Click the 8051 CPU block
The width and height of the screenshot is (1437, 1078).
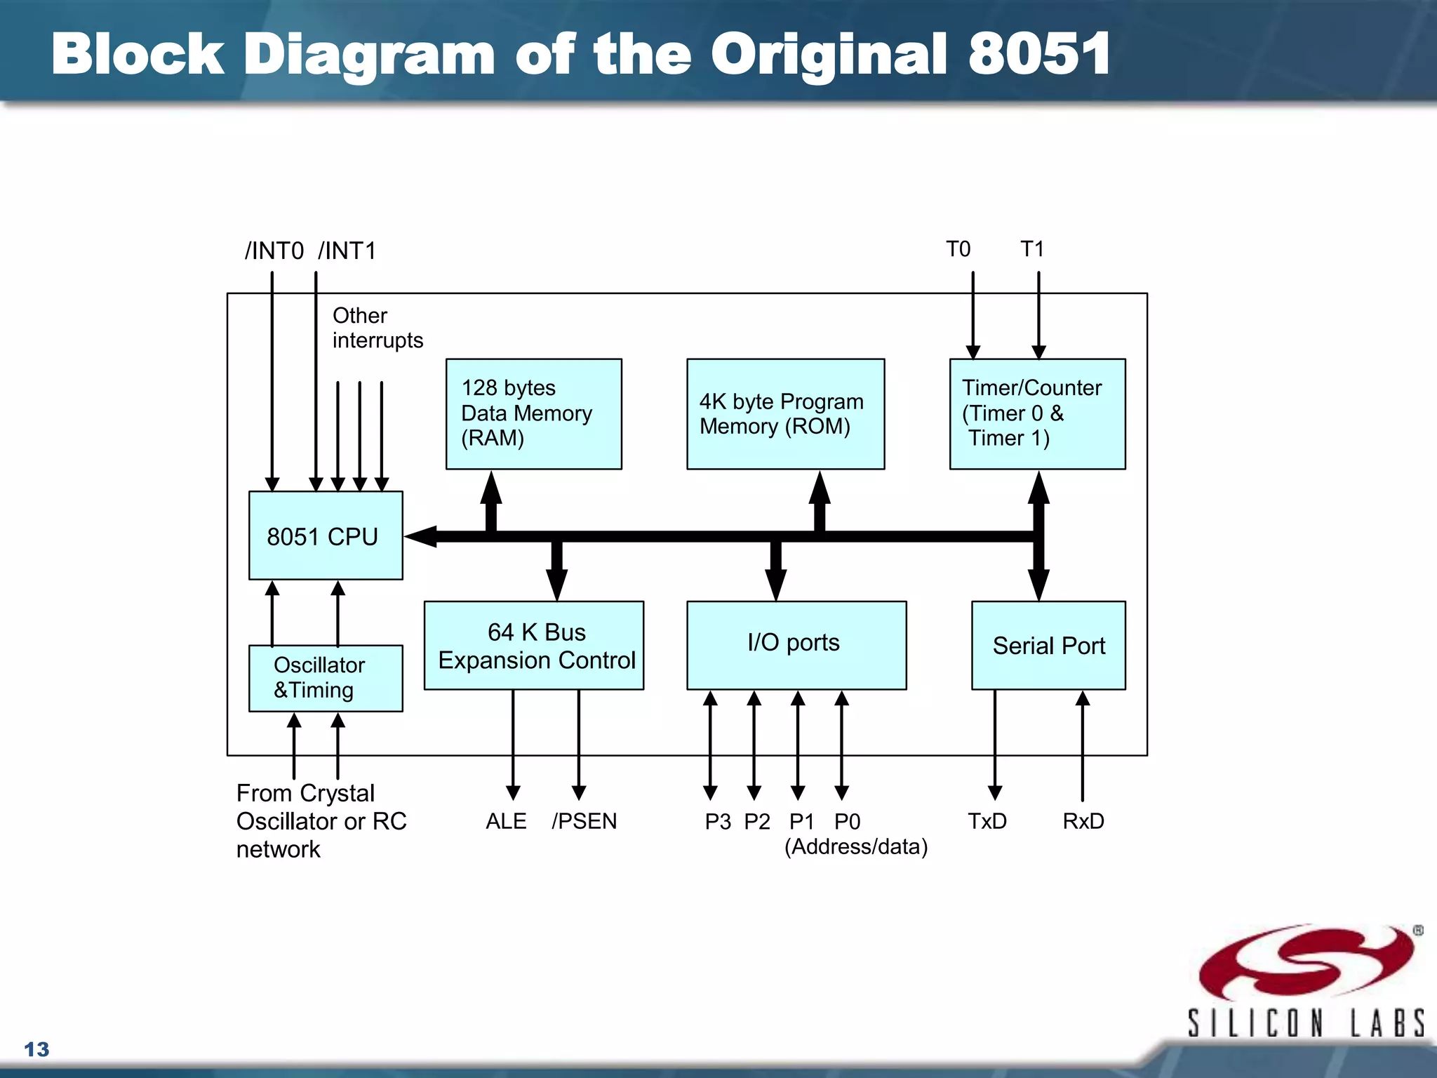pos(326,535)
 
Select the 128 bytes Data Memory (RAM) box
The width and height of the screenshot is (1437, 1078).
pos(533,413)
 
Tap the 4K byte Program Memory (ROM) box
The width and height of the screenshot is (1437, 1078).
pos(785,413)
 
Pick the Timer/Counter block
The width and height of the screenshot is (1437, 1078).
pos(1037,413)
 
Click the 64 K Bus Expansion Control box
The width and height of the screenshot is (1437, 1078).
pos(533,645)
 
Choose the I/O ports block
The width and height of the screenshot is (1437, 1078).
pos(796,645)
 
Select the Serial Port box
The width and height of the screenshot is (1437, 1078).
pos(1048,645)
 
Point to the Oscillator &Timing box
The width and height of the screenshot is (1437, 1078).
pos(326,678)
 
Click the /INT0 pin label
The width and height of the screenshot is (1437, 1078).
pos(274,251)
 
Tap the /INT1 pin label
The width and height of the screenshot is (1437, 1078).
pos(347,251)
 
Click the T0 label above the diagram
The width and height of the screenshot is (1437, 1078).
pos(958,248)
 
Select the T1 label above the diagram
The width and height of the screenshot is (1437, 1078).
pos(1032,248)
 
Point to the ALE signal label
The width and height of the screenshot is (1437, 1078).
pos(506,820)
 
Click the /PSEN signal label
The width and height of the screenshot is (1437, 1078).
pos(584,820)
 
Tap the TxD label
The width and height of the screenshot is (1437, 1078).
pos(987,820)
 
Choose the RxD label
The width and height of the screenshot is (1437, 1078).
pos(1083,820)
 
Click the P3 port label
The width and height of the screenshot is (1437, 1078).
pos(718,821)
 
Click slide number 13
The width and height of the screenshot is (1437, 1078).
pos(36,1049)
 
